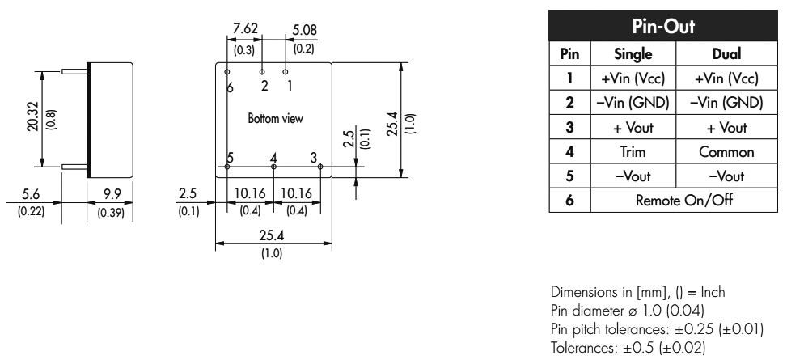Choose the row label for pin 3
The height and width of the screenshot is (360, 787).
[570, 128]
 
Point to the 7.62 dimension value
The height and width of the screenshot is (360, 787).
[245, 30]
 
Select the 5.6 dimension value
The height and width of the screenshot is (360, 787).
[32, 195]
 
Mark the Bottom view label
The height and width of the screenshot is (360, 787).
[275, 119]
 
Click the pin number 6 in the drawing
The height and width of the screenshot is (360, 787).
[231, 87]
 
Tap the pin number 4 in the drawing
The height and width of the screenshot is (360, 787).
[273, 157]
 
